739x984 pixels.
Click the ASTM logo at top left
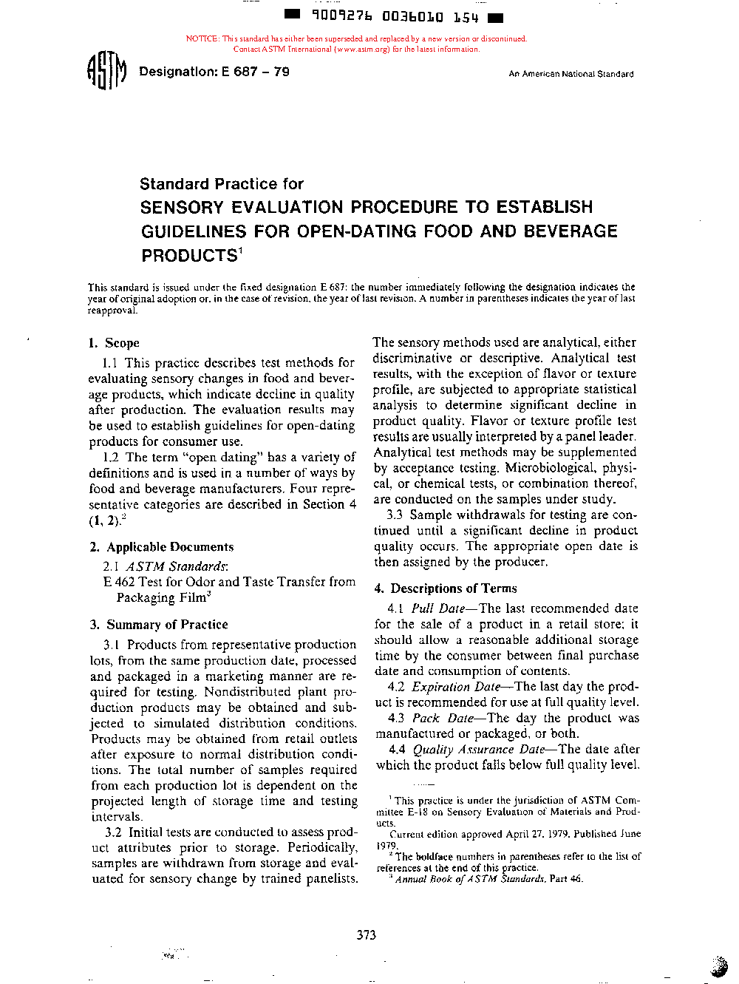coord(106,71)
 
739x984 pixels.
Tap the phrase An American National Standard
coord(571,74)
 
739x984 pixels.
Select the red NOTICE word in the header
coord(202,39)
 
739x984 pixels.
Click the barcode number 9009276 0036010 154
coord(394,16)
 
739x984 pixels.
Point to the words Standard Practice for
coord(221,184)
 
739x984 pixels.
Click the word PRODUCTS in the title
coord(189,256)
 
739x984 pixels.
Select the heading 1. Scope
coord(114,343)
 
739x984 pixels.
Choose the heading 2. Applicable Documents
coord(162,547)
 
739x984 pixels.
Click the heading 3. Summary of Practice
coord(159,625)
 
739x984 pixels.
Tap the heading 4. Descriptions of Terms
coord(446,588)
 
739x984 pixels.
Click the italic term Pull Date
coord(437,608)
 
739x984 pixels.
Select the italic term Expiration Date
coord(456,687)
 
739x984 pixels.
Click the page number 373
coord(366,935)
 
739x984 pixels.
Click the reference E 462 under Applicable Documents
coord(119,582)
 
